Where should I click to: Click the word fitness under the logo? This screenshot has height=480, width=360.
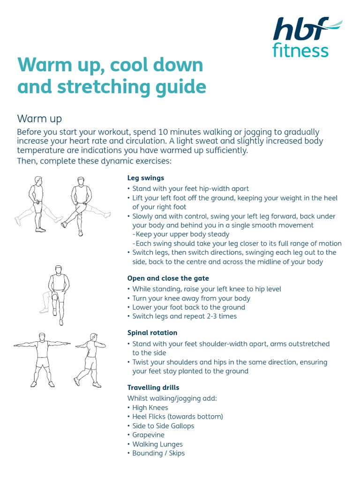click(300, 51)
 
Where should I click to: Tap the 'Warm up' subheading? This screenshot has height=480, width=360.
click(39, 118)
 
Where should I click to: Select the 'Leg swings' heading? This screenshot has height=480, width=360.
click(146, 178)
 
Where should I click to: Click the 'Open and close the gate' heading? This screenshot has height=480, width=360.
click(168, 278)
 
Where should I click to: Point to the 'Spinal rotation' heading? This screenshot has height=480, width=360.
click(152, 333)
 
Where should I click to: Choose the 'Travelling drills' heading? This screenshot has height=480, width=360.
click(153, 388)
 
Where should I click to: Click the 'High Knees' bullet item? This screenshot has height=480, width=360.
click(150, 408)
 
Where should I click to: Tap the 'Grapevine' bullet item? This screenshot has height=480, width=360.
click(148, 435)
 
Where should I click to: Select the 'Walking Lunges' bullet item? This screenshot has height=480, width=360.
click(157, 444)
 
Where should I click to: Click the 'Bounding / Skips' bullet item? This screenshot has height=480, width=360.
click(158, 453)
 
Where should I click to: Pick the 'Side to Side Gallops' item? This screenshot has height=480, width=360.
click(163, 426)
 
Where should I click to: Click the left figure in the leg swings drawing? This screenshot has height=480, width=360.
click(37, 204)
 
